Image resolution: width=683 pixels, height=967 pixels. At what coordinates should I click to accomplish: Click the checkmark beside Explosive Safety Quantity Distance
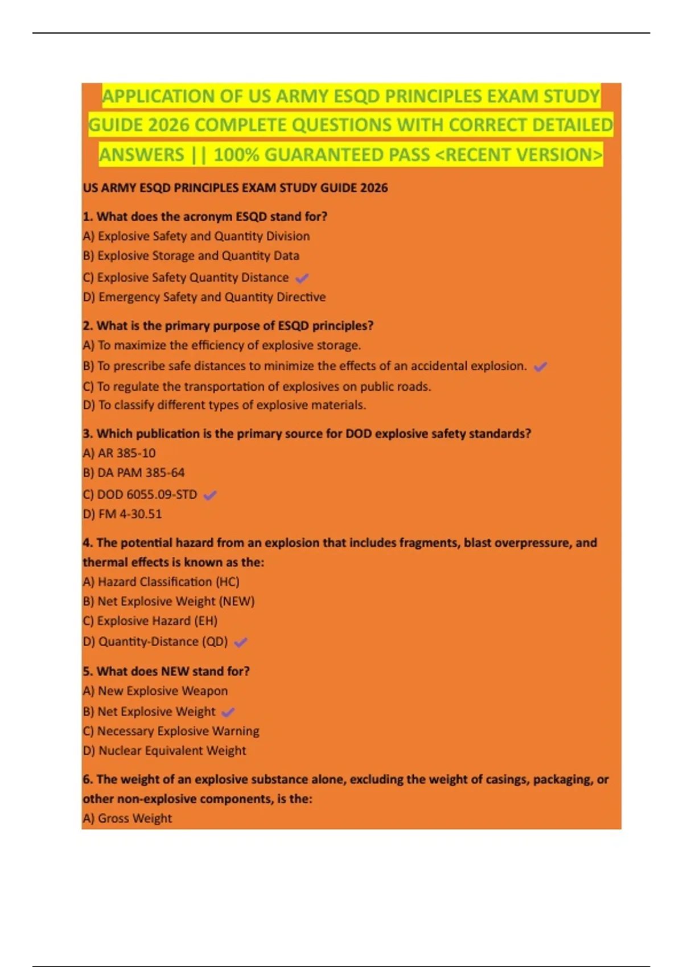click(x=302, y=278)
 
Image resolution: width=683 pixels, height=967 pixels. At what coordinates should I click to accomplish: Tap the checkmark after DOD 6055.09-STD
click(x=210, y=495)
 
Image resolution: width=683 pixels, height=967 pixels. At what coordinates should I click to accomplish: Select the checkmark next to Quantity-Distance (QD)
click(x=241, y=642)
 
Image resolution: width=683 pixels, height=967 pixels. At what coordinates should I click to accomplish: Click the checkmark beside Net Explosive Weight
click(x=228, y=712)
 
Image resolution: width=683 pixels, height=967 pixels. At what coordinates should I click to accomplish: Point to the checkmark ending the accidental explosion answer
click(x=540, y=366)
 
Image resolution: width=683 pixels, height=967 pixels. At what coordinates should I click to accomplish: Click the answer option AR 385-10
click(x=119, y=453)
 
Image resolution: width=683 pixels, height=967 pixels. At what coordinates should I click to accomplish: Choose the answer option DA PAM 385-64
click(x=134, y=473)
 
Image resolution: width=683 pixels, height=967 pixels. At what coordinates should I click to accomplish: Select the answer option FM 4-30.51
click(x=122, y=514)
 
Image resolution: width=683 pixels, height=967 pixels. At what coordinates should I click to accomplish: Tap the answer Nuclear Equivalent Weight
click(x=164, y=751)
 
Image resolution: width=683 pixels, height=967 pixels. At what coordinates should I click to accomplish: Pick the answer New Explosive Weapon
click(x=155, y=691)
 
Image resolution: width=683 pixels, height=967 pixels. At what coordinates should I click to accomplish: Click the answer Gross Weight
click(x=127, y=819)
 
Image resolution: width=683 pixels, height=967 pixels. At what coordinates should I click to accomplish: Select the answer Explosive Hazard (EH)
click(x=150, y=621)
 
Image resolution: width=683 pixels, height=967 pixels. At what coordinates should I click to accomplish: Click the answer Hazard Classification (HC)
click(x=161, y=582)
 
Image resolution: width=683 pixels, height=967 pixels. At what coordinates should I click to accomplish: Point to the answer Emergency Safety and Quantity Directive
click(x=204, y=297)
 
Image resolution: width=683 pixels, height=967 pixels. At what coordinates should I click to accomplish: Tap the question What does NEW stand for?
click(x=166, y=671)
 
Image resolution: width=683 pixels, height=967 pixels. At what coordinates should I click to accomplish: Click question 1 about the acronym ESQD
click(x=205, y=217)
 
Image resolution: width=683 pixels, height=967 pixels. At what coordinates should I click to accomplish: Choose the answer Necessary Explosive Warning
click(x=171, y=731)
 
